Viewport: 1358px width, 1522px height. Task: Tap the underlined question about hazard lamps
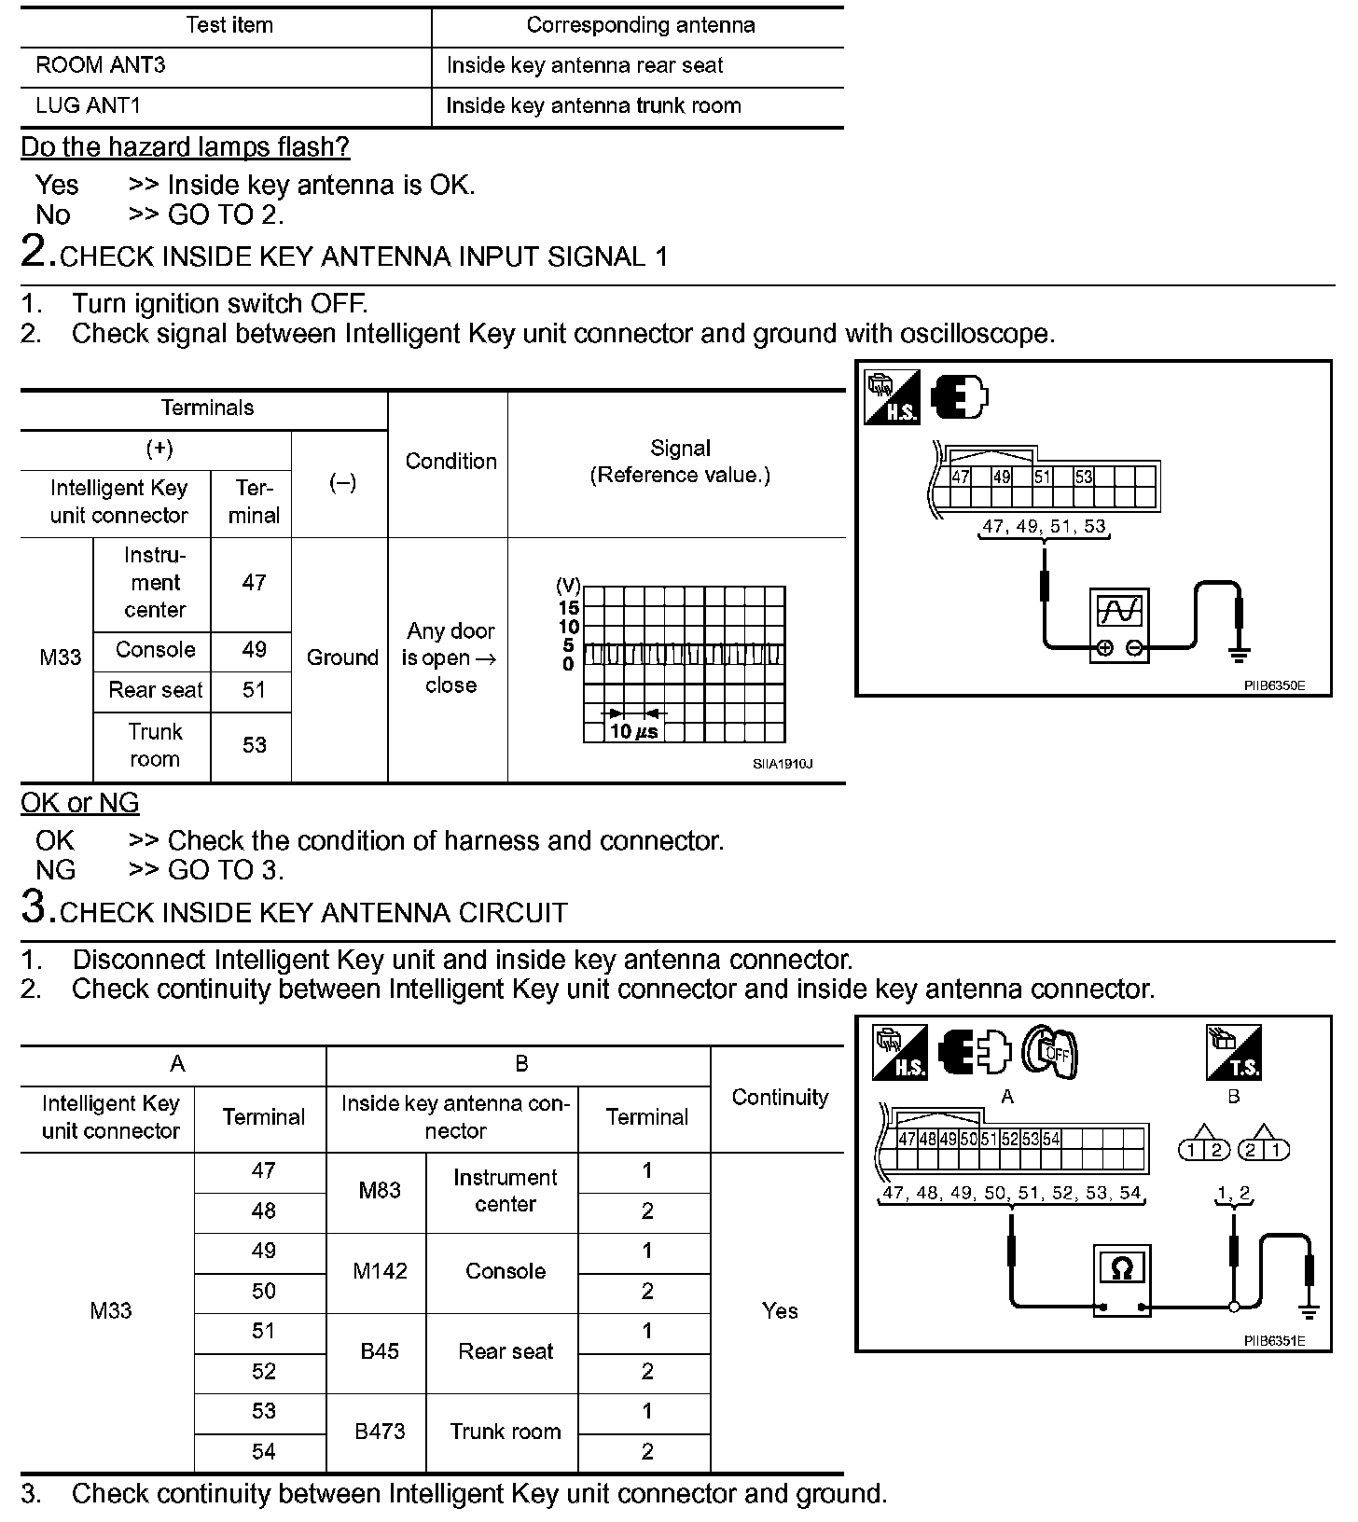(x=186, y=146)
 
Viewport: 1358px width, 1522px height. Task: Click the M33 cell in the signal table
(x=61, y=657)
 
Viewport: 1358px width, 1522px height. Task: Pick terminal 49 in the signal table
(x=254, y=649)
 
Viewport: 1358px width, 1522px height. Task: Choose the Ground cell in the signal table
(x=342, y=657)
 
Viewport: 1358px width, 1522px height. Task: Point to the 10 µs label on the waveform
(x=633, y=731)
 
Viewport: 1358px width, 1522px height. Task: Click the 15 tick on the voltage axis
(x=569, y=607)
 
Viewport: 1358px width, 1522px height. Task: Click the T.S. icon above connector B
(x=1233, y=1053)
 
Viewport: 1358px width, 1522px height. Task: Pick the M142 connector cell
(x=380, y=1271)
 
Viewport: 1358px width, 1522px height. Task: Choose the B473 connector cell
(x=380, y=1432)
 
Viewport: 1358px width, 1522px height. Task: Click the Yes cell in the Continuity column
(x=780, y=1311)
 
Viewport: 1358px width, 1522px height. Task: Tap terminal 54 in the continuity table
(x=264, y=1451)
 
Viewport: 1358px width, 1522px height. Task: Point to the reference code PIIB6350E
(x=1274, y=685)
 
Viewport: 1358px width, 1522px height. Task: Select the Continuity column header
(x=780, y=1098)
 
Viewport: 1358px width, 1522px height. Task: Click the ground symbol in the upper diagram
(x=1239, y=656)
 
